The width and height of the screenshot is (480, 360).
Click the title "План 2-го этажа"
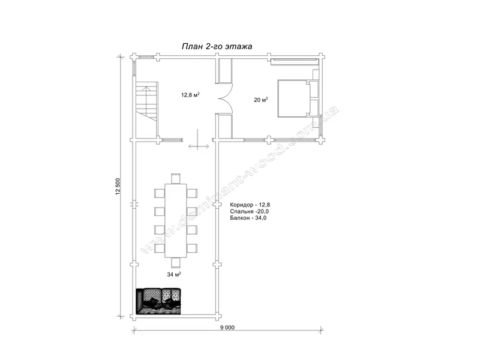click(217, 46)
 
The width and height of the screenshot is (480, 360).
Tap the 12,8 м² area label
click(190, 95)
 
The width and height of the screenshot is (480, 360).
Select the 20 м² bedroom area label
click(261, 100)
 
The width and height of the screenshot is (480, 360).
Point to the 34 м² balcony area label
click(174, 275)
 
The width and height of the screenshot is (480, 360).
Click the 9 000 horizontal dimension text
click(227, 328)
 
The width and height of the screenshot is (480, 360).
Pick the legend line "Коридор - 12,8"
click(250, 205)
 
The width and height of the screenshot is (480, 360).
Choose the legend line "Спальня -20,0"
click(250, 212)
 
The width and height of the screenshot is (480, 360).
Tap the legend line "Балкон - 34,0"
click(248, 218)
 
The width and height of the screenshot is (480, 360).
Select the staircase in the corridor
click(146, 109)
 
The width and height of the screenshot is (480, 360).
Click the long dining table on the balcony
click(176, 220)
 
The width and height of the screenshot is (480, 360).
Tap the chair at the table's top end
click(176, 178)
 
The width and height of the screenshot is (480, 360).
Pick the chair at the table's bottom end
click(176, 263)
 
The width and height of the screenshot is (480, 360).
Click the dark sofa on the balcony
click(159, 301)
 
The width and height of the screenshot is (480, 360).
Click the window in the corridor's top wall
click(146, 56)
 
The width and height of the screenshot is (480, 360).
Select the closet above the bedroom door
click(226, 70)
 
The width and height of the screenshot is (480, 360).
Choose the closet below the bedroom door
click(226, 126)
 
